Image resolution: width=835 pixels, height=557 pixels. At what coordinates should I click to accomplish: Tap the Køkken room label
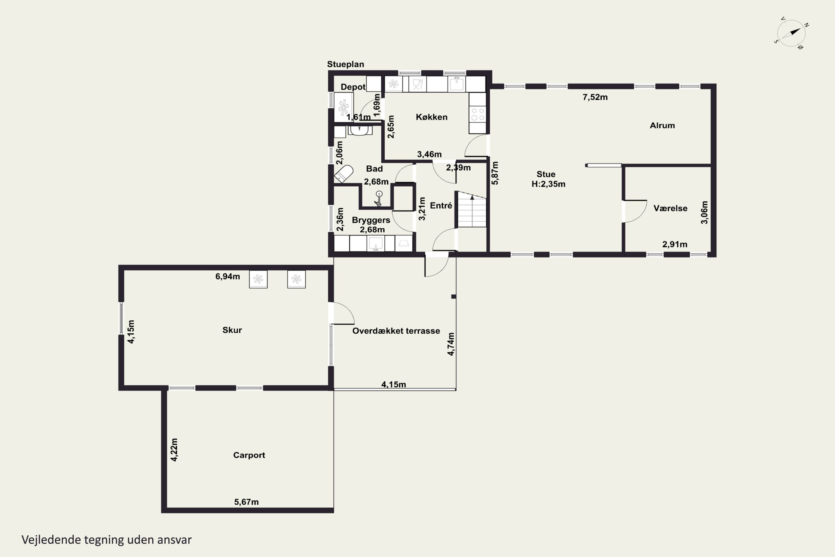point(431,117)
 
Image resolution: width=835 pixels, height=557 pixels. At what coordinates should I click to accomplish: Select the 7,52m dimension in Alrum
point(595,97)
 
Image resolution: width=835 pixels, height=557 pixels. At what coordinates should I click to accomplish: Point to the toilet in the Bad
point(343,174)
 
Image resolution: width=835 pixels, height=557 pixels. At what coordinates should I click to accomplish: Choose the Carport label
point(249,455)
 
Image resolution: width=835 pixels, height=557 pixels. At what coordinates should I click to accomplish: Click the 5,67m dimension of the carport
point(246,502)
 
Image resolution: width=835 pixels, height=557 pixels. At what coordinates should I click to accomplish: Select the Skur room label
point(232,330)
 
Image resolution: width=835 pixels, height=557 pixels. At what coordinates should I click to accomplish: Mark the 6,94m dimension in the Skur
point(228,276)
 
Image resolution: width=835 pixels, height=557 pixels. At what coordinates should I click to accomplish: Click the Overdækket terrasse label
point(396,331)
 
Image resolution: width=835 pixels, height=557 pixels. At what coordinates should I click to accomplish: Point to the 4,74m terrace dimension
point(451,344)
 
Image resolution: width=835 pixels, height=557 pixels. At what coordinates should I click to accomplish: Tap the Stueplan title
point(345,64)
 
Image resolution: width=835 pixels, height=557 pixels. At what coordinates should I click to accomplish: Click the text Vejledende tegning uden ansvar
point(107,540)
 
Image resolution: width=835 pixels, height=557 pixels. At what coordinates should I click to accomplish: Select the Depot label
point(353,87)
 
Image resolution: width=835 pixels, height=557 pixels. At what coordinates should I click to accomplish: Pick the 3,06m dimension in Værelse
point(704,212)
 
